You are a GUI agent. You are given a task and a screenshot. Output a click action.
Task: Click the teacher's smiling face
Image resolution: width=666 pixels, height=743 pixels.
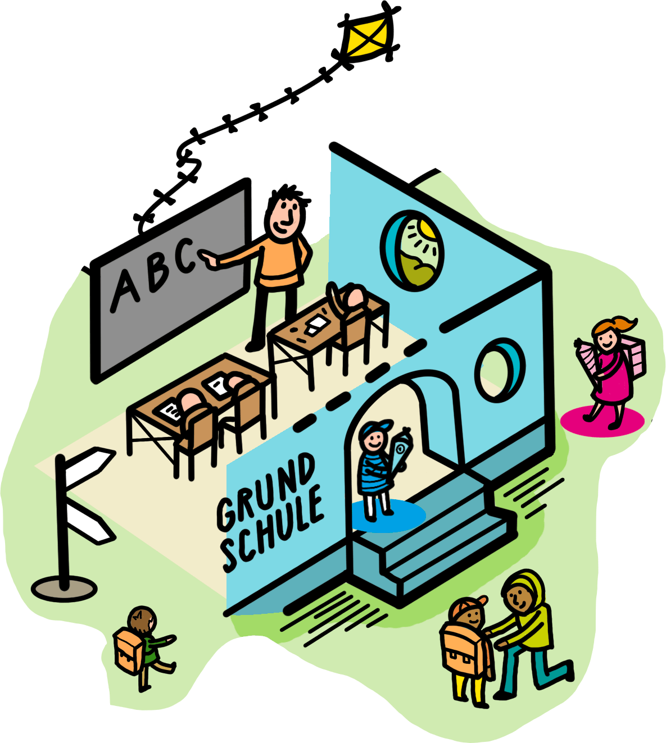click(286, 216)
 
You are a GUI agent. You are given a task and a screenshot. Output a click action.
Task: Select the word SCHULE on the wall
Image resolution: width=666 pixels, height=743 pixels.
click(273, 531)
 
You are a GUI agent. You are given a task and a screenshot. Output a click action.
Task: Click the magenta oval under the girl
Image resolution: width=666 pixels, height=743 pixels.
click(601, 420)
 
